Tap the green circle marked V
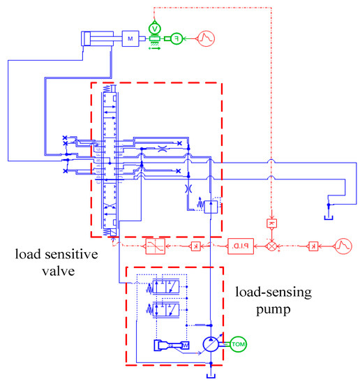coord(155,27)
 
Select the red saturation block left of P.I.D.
coord(155,246)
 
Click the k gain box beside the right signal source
coord(313,246)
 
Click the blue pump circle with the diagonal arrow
coord(211,346)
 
